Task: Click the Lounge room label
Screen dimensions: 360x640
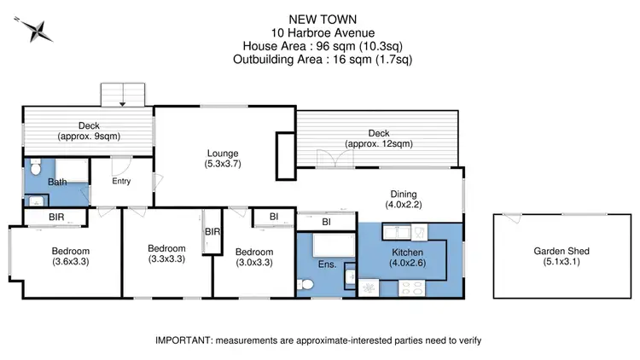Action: [x=224, y=157]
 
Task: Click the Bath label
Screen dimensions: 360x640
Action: [x=58, y=182]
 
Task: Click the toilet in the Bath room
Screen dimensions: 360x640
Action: [x=34, y=166]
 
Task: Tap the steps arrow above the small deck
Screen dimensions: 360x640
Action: [x=125, y=103]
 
